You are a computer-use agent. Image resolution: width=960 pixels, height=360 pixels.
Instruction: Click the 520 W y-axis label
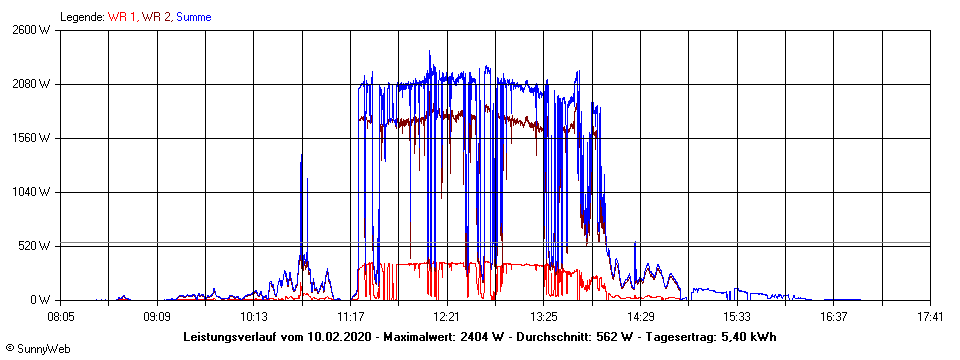(34, 246)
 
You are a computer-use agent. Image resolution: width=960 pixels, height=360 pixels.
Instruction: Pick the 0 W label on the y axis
(41, 300)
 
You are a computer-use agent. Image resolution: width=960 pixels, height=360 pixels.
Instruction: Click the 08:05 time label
(61, 317)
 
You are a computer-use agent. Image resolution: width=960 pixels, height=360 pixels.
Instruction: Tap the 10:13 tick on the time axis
(254, 317)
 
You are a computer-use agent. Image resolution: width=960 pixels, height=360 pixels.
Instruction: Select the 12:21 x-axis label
(447, 317)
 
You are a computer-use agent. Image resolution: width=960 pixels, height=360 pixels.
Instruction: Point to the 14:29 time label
(640, 317)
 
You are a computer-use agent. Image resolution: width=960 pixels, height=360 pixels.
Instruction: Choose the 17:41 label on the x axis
(930, 317)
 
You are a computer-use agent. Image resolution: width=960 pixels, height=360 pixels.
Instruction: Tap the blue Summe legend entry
(194, 17)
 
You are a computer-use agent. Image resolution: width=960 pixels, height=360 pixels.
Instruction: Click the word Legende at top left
(81, 17)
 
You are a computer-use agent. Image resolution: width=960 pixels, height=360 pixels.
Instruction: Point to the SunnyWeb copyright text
(37, 348)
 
